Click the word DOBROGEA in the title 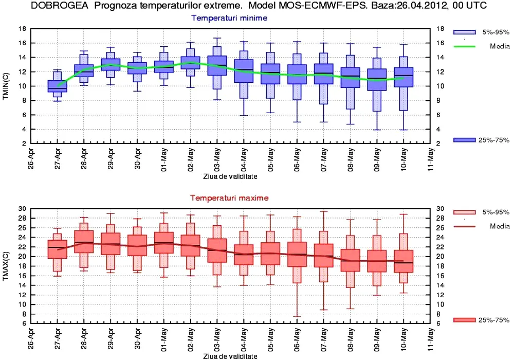[x=55, y=6]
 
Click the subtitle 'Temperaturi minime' [x=229, y=18]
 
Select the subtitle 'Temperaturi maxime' [x=229, y=197]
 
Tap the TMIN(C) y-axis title [x=7, y=86]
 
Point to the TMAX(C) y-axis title [x=7, y=265]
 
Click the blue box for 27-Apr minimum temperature [x=57, y=86]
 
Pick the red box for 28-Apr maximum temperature [x=84, y=242]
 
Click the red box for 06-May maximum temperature [x=297, y=255]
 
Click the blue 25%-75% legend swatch [x=464, y=140]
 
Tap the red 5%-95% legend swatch [x=464, y=212]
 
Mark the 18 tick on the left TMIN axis [x=22, y=29]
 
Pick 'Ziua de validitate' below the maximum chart [x=230, y=356]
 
